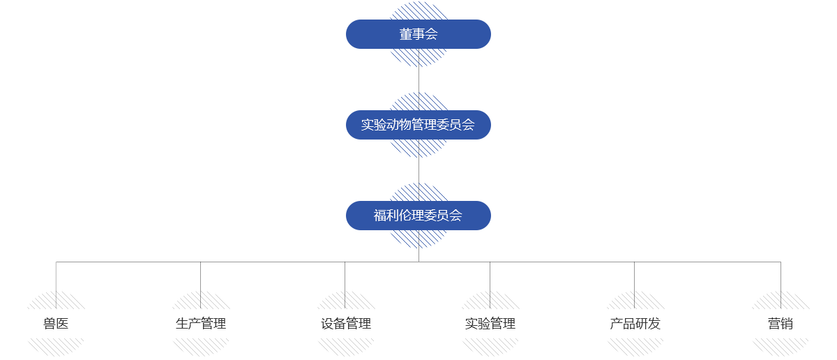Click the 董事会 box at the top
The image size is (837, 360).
(418, 34)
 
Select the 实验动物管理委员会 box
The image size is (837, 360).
(418, 125)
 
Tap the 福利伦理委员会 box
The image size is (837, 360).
(418, 216)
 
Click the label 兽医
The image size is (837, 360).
(56, 324)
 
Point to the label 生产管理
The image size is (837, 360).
(201, 324)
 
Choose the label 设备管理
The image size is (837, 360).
(346, 324)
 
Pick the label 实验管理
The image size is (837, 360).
(490, 324)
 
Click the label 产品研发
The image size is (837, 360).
(635, 324)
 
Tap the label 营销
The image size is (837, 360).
(780, 324)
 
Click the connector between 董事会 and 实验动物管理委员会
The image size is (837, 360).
(418, 80)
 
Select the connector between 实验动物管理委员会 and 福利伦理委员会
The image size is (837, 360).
(418, 170)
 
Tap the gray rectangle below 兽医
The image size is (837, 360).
(56, 347)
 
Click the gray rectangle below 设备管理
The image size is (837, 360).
(346, 347)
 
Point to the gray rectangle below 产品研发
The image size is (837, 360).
(631, 347)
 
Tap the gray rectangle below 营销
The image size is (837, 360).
(776, 347)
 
